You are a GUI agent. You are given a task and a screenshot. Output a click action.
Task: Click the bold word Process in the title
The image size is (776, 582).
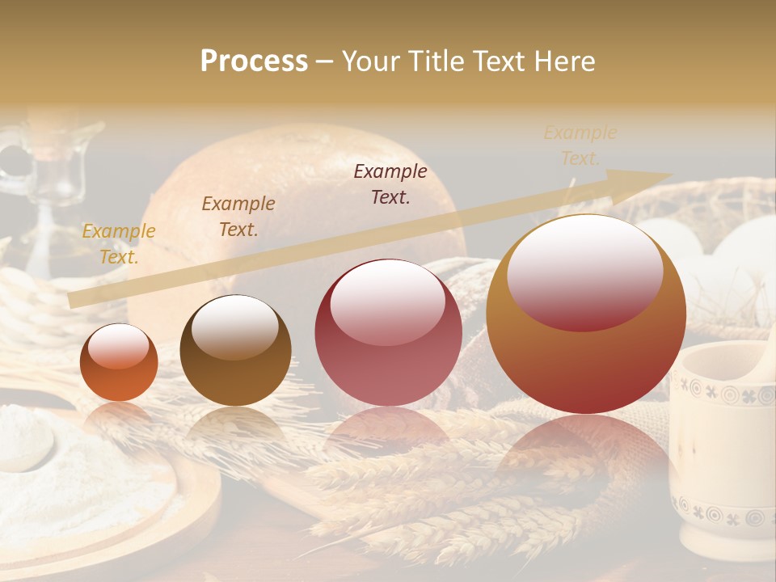(254, 61)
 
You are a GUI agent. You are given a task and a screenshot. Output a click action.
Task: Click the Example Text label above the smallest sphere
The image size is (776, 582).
(119, 244)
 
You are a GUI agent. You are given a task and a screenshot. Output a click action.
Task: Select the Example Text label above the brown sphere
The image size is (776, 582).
(238, 217)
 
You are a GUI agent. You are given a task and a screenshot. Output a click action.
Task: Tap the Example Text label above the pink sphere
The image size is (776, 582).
(390, 184)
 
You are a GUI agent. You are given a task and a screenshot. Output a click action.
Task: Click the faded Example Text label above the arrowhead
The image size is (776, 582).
(580, 145)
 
